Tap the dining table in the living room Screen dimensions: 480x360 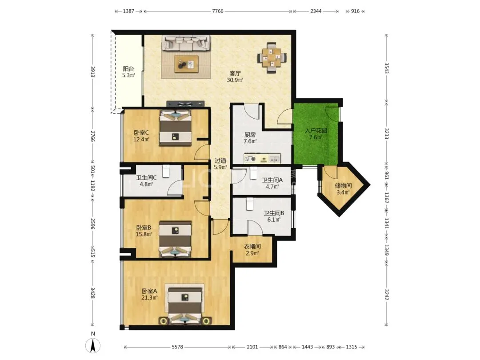[272, 57]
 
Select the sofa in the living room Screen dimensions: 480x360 [186, 43]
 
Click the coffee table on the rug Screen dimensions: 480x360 [186, 64]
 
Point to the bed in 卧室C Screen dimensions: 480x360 [176, 128]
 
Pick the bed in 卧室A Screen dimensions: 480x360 [185, 304]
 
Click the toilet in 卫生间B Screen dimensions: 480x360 [249, 204]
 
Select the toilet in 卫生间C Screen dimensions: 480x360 [166, 172]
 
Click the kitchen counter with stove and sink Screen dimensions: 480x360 [262, 159]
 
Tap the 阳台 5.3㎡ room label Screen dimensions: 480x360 [128, 72]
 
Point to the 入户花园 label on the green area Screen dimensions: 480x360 [316, 130]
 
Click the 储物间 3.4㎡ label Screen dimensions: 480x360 [343, 189]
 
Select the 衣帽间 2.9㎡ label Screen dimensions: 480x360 [252, 250]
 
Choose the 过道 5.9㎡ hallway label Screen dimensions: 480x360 [220, 164]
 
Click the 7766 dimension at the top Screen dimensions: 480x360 [218, 11]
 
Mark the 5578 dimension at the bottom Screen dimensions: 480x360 [177, 347]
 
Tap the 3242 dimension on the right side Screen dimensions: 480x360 [387, 294]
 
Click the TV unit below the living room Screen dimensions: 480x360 [185, 104]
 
